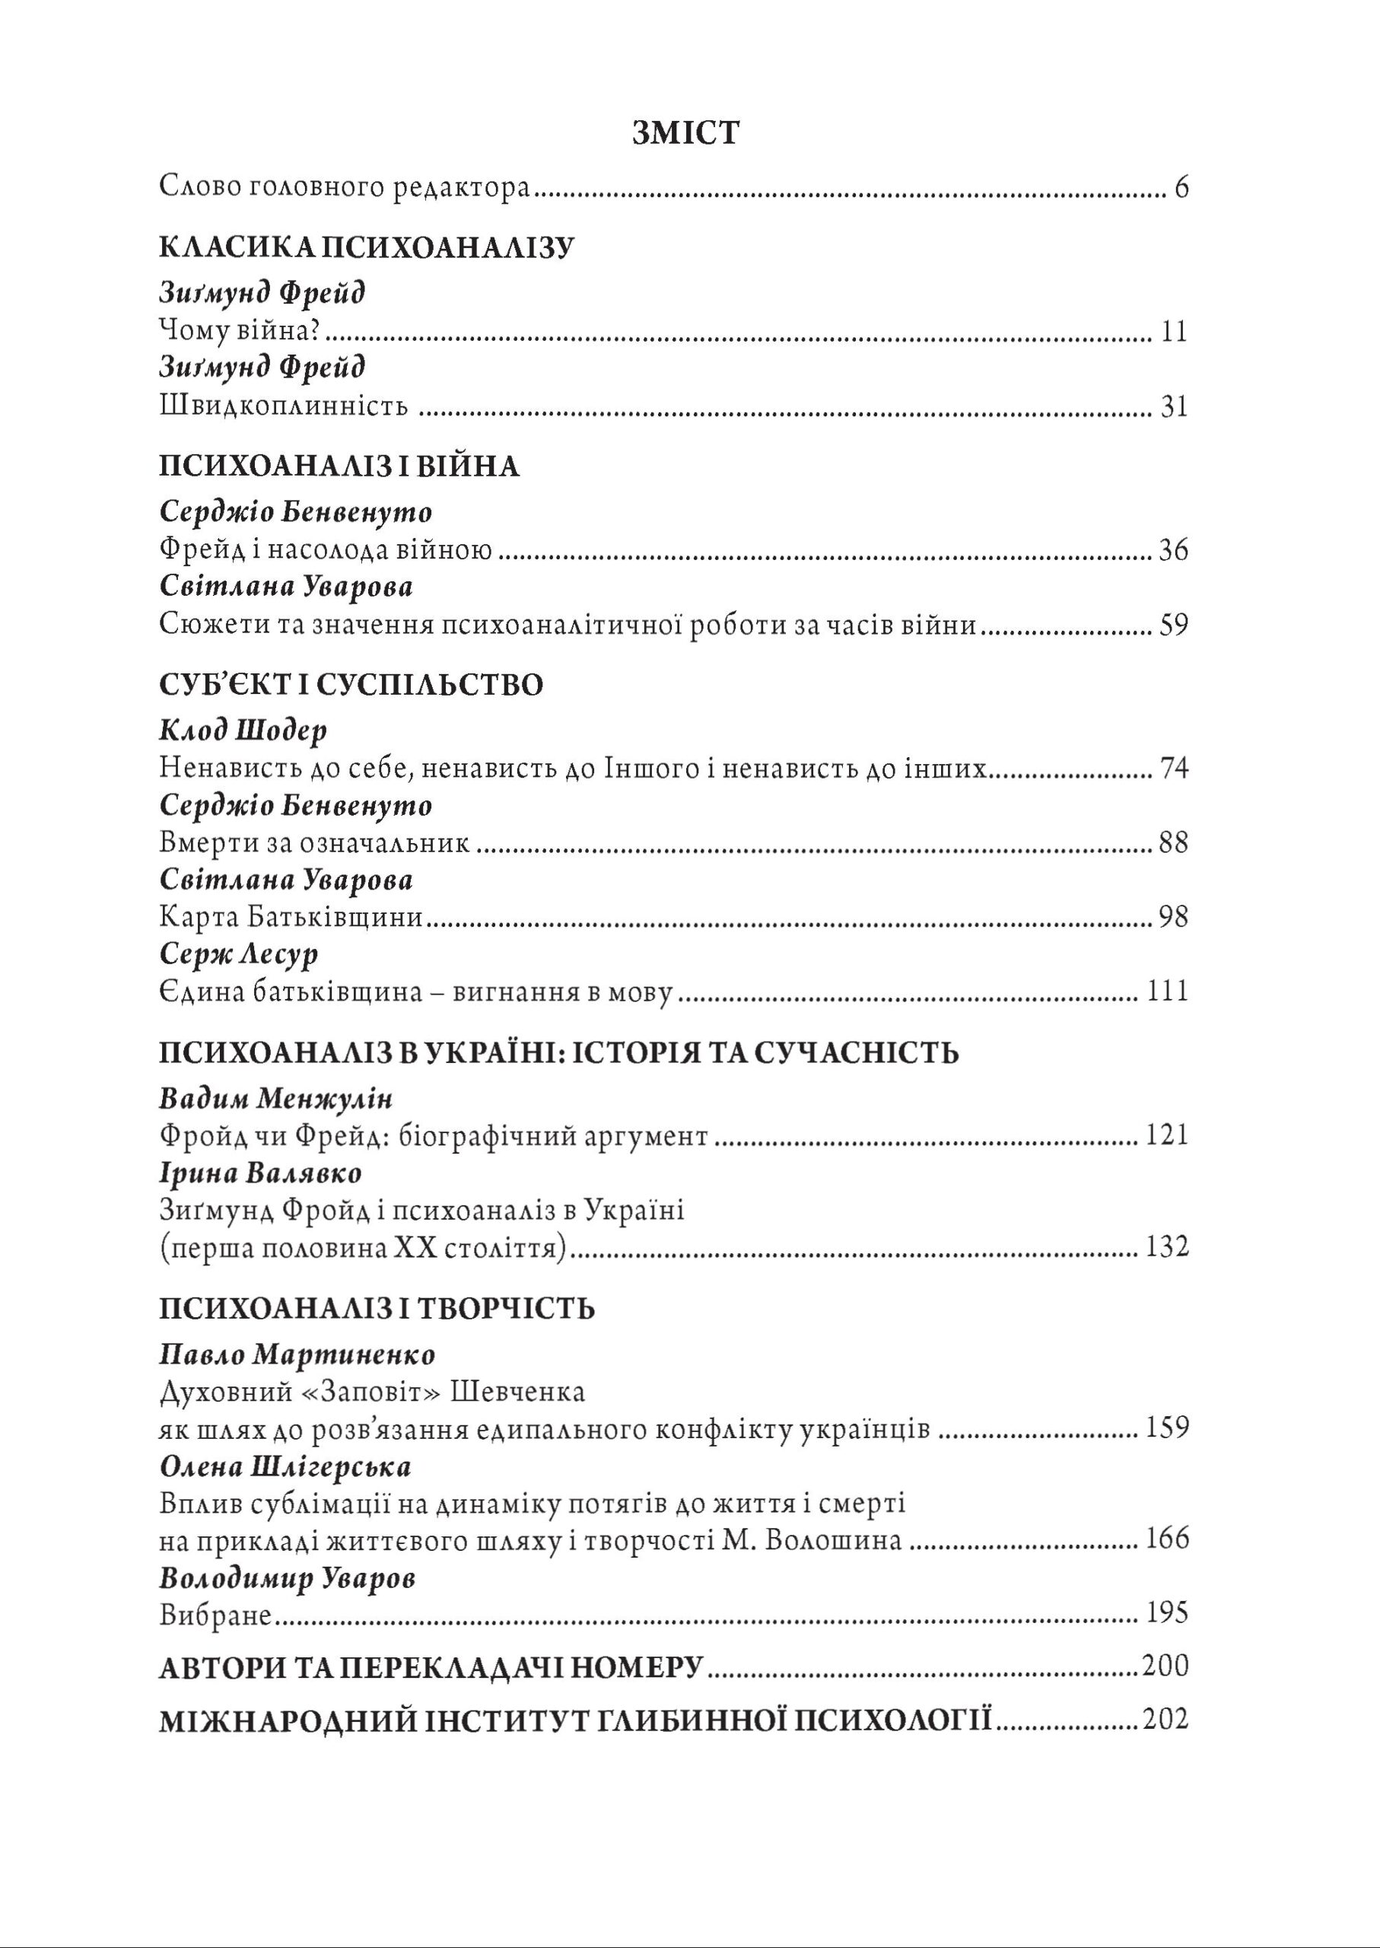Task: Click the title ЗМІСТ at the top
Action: [x=685, y=134]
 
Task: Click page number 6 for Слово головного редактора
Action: [x=1181, y=188]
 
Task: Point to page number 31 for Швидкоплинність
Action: [x=1174, y=407]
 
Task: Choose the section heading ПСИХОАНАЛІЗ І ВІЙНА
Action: [x=339, y=466]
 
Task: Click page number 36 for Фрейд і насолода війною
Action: [x=1172, y=552]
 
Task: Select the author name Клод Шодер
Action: [x=243, y=731]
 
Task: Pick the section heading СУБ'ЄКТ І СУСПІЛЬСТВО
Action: [x=350, y=685]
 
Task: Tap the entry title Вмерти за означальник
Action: [x=314, y=843]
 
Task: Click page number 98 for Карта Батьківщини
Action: [x=1172, y=917]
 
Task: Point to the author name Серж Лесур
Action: [x=239, y=954]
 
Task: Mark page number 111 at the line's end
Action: [x=1168, y=992]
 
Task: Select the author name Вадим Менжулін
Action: [x=276, y=1099]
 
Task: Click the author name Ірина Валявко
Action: [x=261, y=1173]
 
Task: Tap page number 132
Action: [x=1167, y=1248]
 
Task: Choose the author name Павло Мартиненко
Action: [x=297, y=1354]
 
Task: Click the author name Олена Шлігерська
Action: [x=285, y=1467]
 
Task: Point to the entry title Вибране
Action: [x=215, y=1615]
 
